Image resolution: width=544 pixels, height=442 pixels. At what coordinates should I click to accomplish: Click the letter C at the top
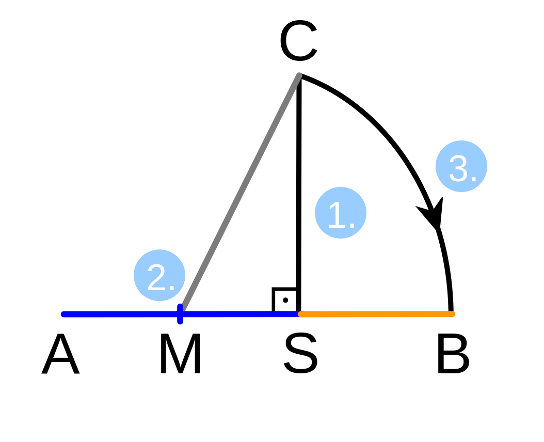[298, 41]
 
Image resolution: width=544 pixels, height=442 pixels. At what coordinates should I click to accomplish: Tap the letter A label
[61, 354]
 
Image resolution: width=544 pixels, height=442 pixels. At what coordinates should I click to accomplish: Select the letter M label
[181, 354]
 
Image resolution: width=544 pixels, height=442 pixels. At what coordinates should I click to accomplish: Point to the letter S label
[300, 353]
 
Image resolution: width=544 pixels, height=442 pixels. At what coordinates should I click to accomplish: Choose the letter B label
[454, 354]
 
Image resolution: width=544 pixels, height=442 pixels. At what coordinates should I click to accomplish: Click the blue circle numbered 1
[340, 213]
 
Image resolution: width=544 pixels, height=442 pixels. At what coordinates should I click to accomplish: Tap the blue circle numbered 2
[159, 275]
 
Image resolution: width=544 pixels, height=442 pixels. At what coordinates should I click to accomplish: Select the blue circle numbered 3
[461, 166]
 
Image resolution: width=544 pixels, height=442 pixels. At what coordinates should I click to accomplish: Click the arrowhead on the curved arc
[433, 213]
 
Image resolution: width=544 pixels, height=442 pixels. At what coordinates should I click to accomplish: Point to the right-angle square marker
[285, 300]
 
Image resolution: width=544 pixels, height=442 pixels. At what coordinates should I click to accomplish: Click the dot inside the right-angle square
[285, 301]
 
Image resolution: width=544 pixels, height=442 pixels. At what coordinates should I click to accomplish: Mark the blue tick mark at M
[180, 314]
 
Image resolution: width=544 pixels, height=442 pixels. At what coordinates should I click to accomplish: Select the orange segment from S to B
[376, 314]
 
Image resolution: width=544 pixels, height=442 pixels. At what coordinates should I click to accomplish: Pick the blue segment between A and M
[121, 314]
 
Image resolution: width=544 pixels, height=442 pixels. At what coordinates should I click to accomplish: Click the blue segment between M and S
[239, 314]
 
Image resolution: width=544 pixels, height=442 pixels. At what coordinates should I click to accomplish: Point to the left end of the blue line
[63, 314]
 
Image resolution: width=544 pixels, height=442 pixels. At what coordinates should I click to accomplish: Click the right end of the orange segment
[453, 314]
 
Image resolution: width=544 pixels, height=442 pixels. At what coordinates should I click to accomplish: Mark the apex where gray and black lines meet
[299, 75]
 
